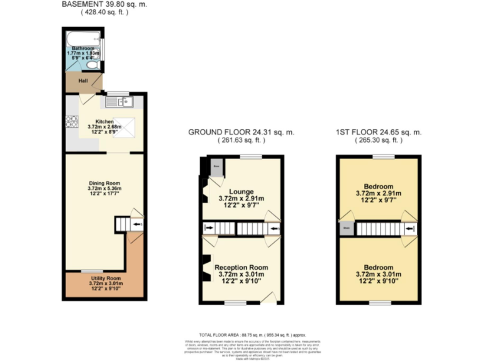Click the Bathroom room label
click(82, 48)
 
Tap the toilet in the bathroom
click(92, 63)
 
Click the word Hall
click(82, 81)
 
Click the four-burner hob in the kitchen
click(70, 122)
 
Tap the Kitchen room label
click(104, 121)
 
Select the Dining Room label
click(104, 182)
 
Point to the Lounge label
click(241, 192)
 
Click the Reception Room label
click(241, 267)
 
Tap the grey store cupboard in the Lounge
click(216, 167)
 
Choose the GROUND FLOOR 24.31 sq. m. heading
click(241, 132)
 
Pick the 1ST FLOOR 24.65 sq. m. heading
click(378, 132)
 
